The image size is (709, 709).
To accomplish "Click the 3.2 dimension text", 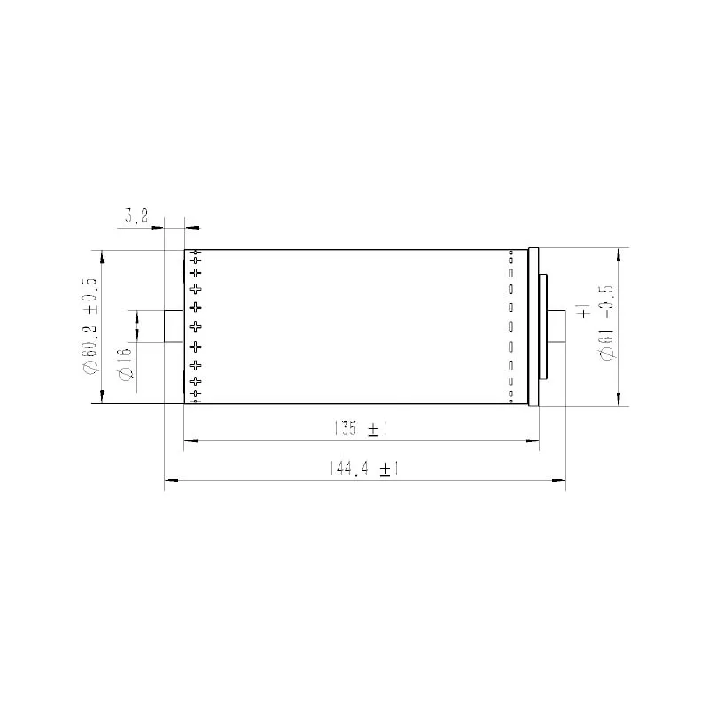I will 136,215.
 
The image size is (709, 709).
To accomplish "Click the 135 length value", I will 346,429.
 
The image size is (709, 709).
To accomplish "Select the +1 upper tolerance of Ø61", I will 582,311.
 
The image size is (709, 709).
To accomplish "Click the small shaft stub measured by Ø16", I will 175,326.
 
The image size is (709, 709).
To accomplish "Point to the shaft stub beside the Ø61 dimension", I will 557,326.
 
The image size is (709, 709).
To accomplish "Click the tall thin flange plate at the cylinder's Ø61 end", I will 533,326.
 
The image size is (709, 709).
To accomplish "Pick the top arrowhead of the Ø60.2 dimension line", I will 102,256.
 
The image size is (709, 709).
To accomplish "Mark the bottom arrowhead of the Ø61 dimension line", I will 618,400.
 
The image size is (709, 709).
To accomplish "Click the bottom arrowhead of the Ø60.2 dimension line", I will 102,398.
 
